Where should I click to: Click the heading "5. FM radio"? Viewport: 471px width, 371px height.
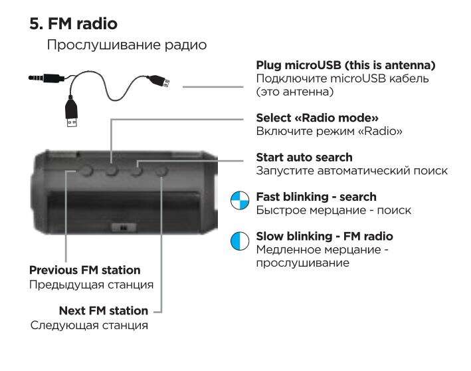click(74, 24)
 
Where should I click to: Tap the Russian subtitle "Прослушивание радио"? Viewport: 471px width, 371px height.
click(127, 45)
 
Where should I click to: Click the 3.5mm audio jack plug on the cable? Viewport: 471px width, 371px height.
click(45, 78)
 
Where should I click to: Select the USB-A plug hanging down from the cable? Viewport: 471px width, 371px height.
click(72, 112)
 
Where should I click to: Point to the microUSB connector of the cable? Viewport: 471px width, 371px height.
click(159, 81)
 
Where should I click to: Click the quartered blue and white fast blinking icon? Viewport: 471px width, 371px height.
click(240, 200)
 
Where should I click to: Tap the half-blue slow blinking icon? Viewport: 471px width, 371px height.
click(240, 241)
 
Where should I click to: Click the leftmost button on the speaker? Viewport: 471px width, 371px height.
click(86, 171)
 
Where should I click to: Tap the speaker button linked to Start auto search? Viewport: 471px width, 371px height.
click(137, 171)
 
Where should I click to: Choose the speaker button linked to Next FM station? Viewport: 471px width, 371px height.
click(161, 172)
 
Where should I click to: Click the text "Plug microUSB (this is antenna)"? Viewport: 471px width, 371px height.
click(345, 65)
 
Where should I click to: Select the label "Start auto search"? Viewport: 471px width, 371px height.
click(304, 157)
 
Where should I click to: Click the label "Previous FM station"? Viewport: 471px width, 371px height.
click(85, 270)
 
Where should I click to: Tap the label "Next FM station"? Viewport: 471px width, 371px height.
click(104, 310)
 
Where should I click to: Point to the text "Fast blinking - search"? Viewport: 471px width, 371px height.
click(316, 197)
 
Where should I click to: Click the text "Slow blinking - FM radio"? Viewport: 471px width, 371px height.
click(324, 236)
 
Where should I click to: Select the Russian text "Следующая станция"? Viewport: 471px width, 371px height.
click(89, 326)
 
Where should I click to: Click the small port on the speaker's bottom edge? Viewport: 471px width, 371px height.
click(124, 227)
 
